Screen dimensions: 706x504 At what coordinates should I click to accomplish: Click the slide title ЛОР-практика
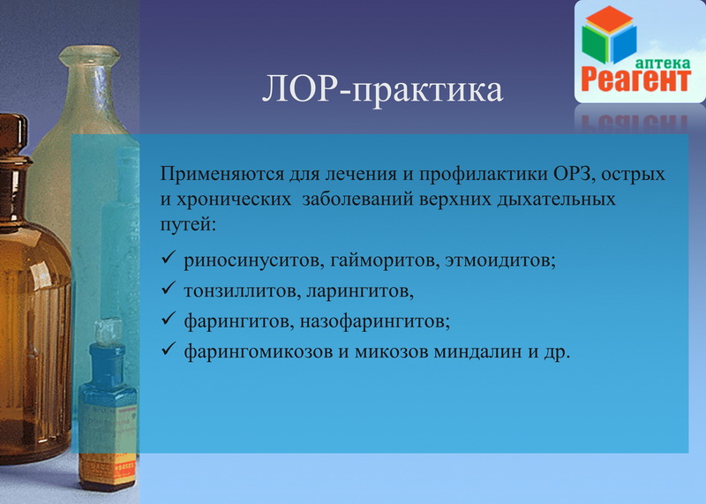pos(382,90)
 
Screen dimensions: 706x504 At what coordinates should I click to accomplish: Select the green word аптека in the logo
pos(663,63)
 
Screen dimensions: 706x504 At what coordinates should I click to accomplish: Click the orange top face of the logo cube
pos(609,19)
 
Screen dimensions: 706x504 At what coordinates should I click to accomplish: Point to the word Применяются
pos(222,174)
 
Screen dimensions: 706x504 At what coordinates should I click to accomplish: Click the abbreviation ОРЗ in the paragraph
pos(571,174)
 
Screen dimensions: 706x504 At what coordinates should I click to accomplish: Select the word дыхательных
pos(556,199)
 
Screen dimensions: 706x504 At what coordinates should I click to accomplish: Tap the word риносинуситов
pos(253,260)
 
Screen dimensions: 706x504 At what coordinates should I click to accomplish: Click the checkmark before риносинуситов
pos(168,258)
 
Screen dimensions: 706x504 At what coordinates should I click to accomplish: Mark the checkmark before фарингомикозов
pos(168,349)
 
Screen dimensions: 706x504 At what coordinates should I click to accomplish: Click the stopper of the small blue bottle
pos(109,332)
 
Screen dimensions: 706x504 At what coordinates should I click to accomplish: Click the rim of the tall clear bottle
pos(89,55)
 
